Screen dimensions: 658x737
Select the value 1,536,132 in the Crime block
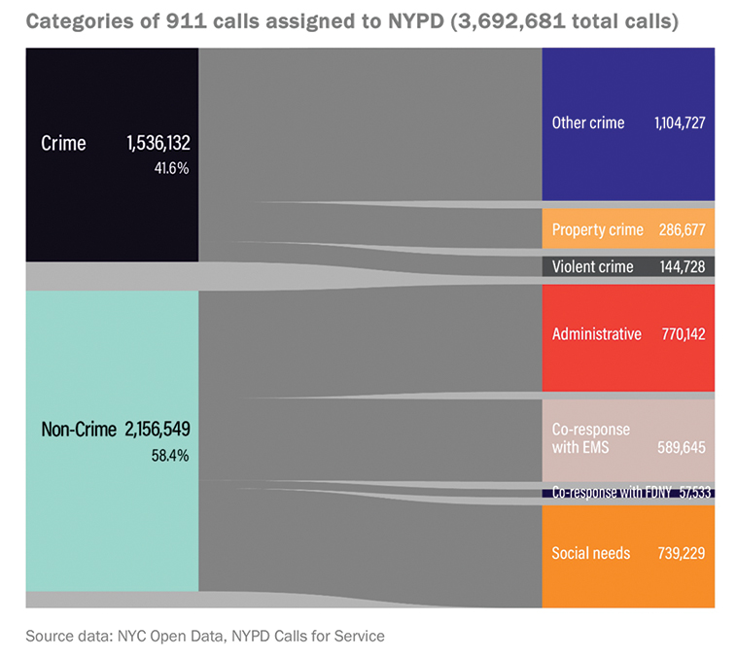(158, 144)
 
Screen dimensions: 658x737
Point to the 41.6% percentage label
(170, 167)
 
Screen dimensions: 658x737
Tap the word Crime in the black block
(63, 144)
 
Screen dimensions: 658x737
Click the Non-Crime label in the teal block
(78, 429)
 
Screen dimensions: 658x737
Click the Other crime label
(588, 123)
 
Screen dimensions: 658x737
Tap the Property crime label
(597, 230)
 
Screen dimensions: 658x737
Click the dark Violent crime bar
(628, 266)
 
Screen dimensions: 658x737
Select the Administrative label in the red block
(596, 334)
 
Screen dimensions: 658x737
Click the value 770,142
(682, 334)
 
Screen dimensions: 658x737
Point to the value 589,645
(682, 448)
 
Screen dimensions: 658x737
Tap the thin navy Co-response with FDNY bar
(628, 493)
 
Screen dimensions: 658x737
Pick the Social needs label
(591, 553)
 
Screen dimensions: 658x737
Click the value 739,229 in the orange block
(682, 553)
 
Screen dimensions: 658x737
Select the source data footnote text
(205, 637)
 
